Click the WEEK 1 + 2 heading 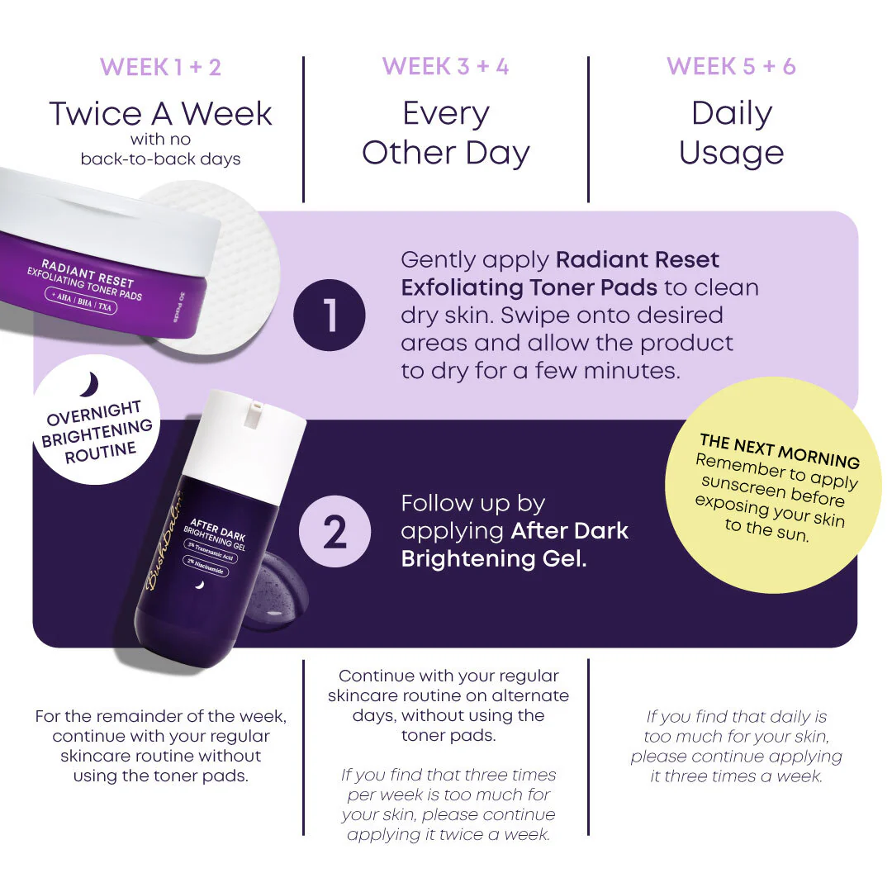[161, 67]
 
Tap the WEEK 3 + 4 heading [446, 67]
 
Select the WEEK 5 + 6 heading [731, 67]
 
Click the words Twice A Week [161, 113]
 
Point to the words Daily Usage [731, 133]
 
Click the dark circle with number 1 [329, 316]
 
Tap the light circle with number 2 [334, 532]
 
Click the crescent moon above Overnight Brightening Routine [90, 384]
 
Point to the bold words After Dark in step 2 [570, 530]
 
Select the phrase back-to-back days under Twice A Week [161, 159]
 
